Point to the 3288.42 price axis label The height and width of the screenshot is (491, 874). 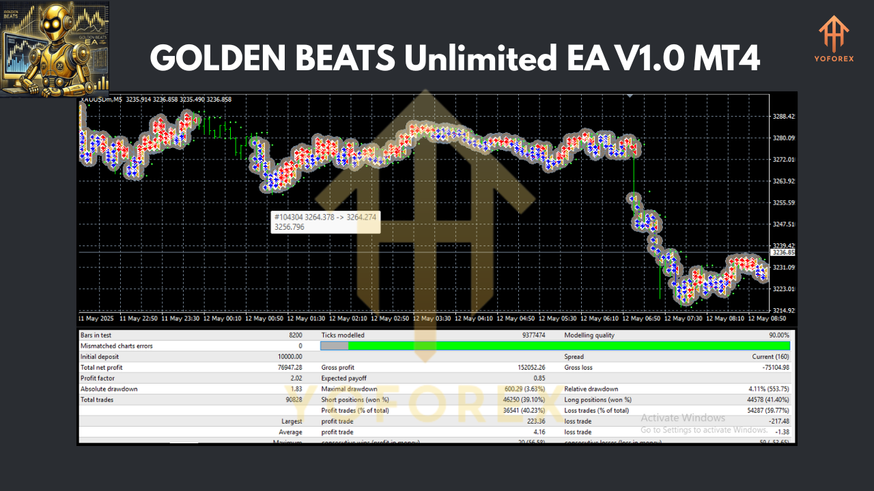(x=783, y=117)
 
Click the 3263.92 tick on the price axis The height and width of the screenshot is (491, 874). (x=783, y=181)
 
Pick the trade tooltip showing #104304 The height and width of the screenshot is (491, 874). (x=324, y=222)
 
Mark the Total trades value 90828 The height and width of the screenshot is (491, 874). (x=290, y=400)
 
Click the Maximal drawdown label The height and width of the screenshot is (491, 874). (x=349, y=389)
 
